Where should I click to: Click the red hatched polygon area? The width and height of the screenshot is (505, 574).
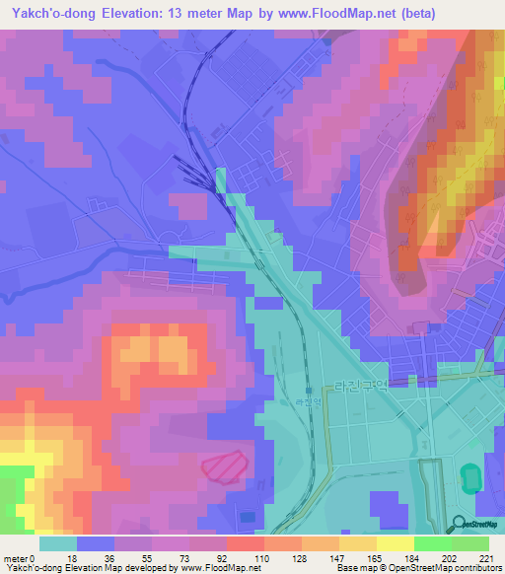tap(226, 465)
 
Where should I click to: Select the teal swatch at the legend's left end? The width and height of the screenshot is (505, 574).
tap(58, 543)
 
